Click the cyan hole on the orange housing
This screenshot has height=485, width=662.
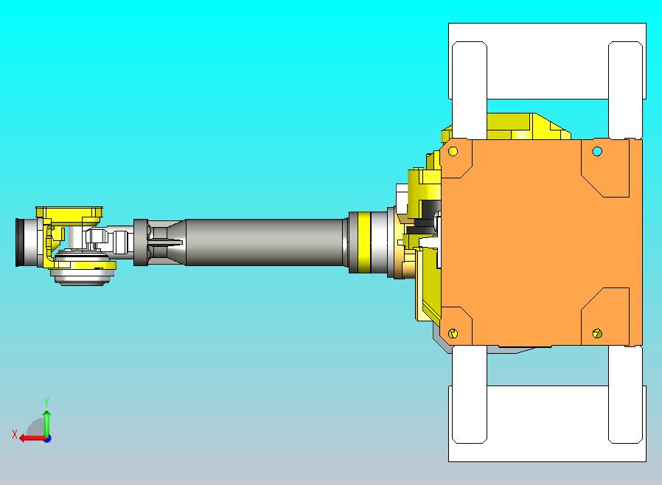597,151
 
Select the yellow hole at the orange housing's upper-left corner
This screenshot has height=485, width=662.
453,151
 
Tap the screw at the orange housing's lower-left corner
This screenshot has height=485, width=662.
453,333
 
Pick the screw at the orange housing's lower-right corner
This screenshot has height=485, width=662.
597,334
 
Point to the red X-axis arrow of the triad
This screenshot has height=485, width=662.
28,438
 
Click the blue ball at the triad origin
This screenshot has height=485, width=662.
46,438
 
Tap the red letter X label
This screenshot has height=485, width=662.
14,434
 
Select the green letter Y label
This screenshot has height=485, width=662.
46,402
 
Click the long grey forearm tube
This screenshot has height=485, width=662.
265,242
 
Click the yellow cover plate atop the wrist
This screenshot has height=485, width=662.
70,213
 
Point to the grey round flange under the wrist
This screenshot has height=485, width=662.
83,273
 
